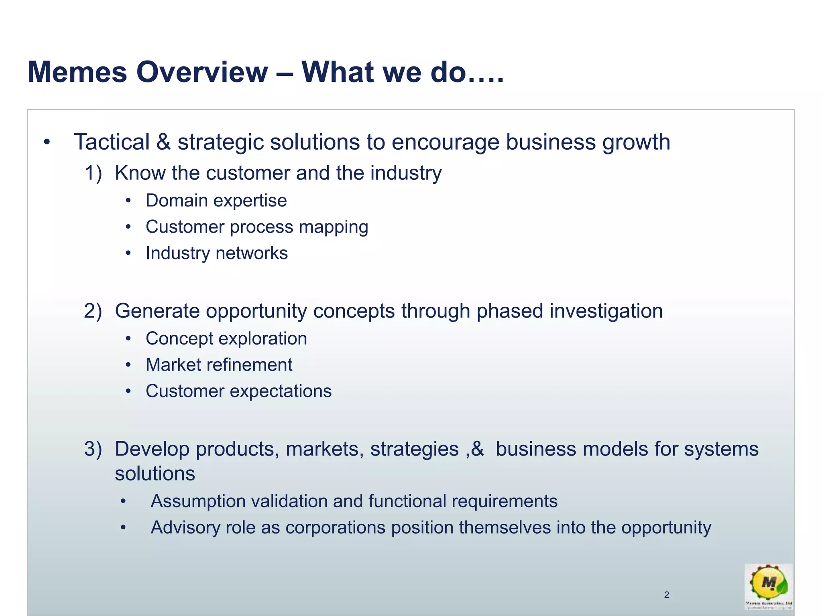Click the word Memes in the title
[x=77, y=72]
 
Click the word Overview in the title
[x=202, y=72]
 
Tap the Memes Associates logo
[x=769, y=586]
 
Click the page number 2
[x=667, y=595]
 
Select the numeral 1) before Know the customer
[x=93, y=173]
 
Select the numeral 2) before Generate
[x=93, y=311]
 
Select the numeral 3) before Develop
[x=93, y=449]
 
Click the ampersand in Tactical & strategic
[x=163, y=142]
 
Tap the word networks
[x=252, y=253]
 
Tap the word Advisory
[x=185, y=528]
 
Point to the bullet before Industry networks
[x=128, y=253]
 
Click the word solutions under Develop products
[x=155, y=474]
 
